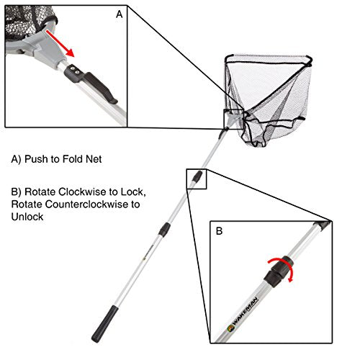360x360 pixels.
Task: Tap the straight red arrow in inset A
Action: [62, 42]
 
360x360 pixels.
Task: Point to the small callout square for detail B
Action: [197, 179]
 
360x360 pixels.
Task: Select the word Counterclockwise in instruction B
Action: [96, 205]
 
